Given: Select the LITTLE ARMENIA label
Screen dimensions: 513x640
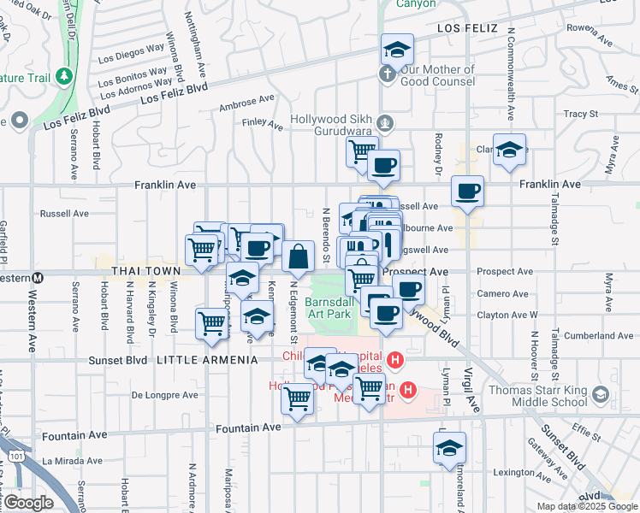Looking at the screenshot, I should [x=207, y=360].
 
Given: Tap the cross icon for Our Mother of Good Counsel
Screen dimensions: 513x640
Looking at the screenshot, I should [x=386, y=75].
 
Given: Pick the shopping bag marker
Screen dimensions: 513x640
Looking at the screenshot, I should [x=298, y=256].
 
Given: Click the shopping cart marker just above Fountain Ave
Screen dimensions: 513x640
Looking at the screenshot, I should [x=297, y=398].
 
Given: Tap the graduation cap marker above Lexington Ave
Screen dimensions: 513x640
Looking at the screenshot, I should [x=450, y=448].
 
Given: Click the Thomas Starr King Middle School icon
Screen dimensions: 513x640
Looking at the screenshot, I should [x=601, y=394].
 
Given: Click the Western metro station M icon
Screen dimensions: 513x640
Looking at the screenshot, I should [x=38, y=278].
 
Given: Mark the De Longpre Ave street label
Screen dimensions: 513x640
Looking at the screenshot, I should [x=165, y=395].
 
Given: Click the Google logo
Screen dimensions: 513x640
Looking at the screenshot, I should [x=28, y=503].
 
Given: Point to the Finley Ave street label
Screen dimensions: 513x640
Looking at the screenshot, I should [x=263, y=125].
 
